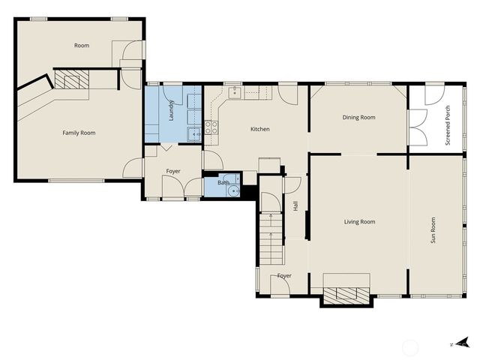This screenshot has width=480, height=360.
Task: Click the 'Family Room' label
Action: (x=79, y=133)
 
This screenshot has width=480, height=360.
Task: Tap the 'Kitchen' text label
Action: (x=259, y=129)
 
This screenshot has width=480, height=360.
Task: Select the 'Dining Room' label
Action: (x=358, y=117)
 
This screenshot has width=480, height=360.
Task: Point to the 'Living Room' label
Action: (x=359, y=221)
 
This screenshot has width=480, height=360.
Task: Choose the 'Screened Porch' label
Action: (x=448, y=127)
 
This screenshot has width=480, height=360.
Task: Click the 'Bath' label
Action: (x=223, y=182)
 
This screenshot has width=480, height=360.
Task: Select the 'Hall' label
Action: (x=295, y=204)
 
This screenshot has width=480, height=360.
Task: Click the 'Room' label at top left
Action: (x=82, y=46)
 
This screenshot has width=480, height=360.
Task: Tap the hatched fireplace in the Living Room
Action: (x=346, y=295)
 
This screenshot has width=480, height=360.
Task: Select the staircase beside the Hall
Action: (x=270, y=238)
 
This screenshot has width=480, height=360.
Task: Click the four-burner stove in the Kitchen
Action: (x=211, y=127)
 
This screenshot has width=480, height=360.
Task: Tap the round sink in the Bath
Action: (x=235, y=190)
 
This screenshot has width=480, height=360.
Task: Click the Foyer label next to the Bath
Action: (x=173, y=171)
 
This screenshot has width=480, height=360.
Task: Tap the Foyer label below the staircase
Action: (x=284, y=276)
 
